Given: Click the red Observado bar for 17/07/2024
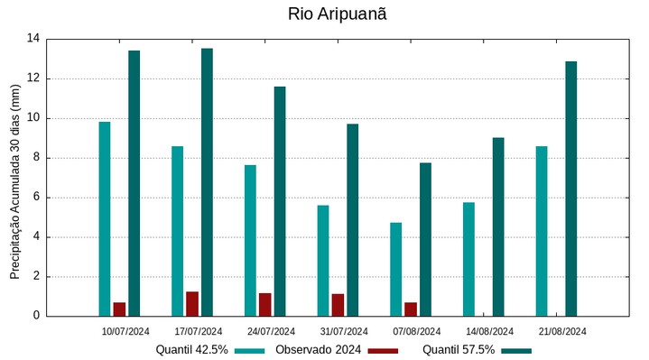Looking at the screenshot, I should pos(192,304).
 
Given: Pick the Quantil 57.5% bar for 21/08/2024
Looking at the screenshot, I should pos(570,189).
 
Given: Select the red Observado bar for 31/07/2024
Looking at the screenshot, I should pos(338,305).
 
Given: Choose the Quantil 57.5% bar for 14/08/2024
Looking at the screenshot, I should pos(498,226).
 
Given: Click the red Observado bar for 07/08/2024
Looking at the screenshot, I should pos(411,309).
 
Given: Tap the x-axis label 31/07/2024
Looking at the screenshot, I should pos(344,331).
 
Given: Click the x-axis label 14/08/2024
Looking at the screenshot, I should pos(489,331).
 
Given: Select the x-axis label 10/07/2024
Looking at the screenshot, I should pos(125,331).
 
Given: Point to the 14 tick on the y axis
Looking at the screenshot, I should pos(33,39).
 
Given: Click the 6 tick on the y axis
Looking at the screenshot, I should pos(37,198).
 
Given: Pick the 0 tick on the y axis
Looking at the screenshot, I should pos(37,316).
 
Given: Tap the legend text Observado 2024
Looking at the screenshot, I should pos(319,350).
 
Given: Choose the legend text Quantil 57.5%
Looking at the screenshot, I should pos(459,350).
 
